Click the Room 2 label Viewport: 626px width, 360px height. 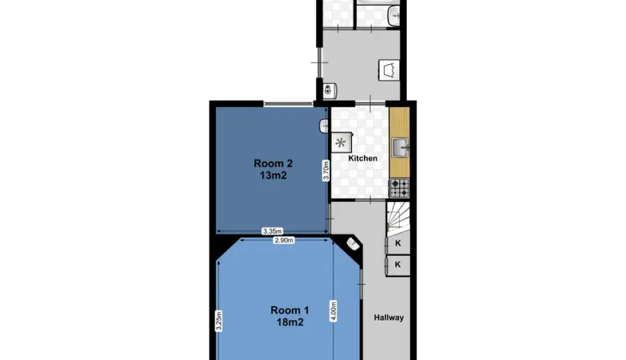[x=273, y=164]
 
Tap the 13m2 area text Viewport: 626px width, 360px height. [x=273, y=175]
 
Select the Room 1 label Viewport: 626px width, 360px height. [x=290, y=310]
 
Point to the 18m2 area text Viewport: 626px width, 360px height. [x=290, y=322]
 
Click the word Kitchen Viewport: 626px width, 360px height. [x=363, y=158]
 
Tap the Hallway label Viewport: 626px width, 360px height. [x=389, y=318]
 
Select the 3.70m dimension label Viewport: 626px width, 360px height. [x=326, y=171]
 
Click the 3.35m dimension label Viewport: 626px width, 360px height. [x=272, y=231]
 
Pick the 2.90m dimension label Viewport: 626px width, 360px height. [x=284, y=240]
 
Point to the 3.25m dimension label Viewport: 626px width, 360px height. [x=219, y=321]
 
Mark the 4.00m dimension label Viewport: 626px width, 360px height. [x=333, y=311]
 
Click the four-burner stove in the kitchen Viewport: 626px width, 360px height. [x=399, y=188]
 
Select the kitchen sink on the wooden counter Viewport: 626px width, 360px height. [x=400, y=148]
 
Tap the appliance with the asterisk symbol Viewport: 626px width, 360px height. [x=342, y=142]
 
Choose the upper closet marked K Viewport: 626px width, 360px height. [x=398, y=243]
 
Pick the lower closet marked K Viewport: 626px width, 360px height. [x=398, y=265]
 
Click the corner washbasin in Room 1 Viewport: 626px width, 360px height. [x=353, y=244]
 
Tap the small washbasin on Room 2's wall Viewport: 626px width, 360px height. [x=324, y=127]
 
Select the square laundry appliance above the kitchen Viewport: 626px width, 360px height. [x=389, y=70]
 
